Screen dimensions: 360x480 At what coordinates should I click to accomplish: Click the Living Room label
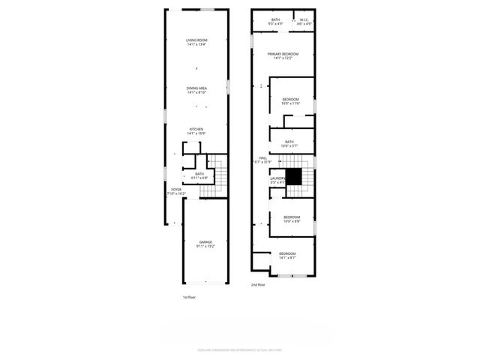click(x=196, y=42)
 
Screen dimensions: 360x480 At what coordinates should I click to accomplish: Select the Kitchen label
click(x=196, y=130)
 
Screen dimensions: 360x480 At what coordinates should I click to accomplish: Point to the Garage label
click(x=205, y=244)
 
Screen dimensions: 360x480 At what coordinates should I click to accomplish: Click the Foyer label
click(x=176, y=191)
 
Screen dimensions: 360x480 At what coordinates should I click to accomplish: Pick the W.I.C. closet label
click(x=304, y=22)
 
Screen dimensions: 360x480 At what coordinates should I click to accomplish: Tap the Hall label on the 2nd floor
click(x=263, y=160)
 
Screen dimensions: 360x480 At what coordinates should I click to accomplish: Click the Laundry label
click(x=277, y=180)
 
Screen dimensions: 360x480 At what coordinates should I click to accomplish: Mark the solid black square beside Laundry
click(x=295, y=176)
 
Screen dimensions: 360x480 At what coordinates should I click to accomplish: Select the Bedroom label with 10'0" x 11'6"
click(x=291, y=102)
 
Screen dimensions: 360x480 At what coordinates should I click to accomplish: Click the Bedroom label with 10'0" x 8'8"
click(x=291, y=220)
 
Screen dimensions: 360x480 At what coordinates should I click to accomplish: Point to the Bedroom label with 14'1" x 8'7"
click(x=287, y=256)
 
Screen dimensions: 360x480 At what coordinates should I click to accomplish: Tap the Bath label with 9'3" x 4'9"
click(x=275, y=22)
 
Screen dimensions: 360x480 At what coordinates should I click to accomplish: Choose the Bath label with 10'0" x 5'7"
click(x=289, y=143)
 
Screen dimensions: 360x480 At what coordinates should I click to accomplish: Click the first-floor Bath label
click(x=199, y=176)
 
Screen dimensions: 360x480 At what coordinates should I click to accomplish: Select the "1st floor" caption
click(x=190, y=298)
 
